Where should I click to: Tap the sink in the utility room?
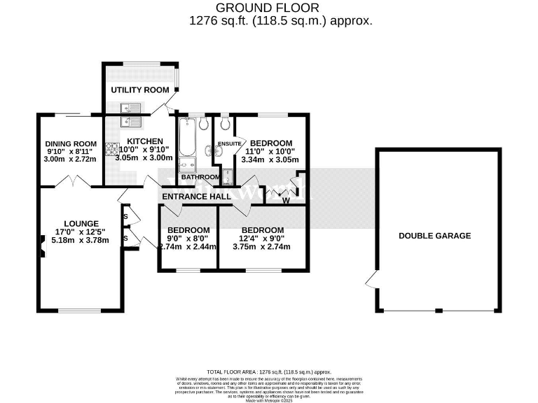point(131,108)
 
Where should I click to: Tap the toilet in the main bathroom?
point(203,125)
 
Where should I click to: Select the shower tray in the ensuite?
point(228,176)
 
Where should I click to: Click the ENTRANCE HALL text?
point(196,197)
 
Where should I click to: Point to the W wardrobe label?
point(285,201)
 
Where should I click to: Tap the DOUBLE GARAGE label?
point(434,236)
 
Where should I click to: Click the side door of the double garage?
point(371,282)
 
